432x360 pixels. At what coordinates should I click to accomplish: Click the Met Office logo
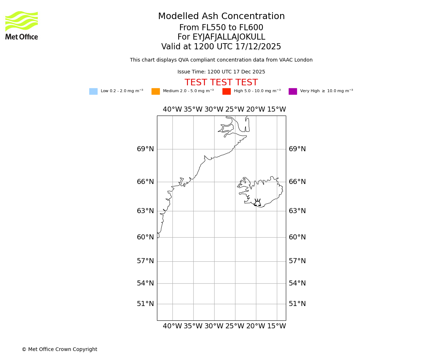[x=22, y=25]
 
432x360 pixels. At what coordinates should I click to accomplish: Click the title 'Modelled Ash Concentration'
[x=221, y=17]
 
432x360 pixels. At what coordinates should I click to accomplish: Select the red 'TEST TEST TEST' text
[x=221, y=83]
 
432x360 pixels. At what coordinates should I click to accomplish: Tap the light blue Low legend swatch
[x=93, y=91]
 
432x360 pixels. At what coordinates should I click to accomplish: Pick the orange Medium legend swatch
[x=156, y=91]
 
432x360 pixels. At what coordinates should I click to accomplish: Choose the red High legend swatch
[x=226, y=91]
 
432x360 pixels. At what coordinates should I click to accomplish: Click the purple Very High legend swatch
[x=293, y=91]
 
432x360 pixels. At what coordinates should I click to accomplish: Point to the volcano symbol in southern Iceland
[x=257, y=203]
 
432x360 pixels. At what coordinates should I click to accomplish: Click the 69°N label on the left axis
[x=145, y=149]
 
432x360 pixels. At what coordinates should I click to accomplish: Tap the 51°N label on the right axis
[x=297, y=304]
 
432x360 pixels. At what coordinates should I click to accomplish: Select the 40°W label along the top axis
[x=172, y=109]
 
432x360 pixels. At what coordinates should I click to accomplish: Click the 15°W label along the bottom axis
[x=276, y=326]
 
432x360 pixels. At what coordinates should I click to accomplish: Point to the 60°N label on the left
[x=145, y=237]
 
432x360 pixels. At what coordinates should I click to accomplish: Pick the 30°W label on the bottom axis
[x=214, y=326]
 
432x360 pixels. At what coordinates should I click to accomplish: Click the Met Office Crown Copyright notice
[x=59, y=350]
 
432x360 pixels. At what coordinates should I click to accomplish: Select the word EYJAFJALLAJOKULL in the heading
[x=229, y=37]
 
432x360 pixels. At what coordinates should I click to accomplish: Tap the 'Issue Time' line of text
[x=221, y=72]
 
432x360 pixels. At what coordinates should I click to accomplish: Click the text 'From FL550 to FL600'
[x=221, y=28]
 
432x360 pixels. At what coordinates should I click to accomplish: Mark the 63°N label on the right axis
[x=297, y=211]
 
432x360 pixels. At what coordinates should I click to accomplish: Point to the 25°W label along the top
[x=235, y=109]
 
